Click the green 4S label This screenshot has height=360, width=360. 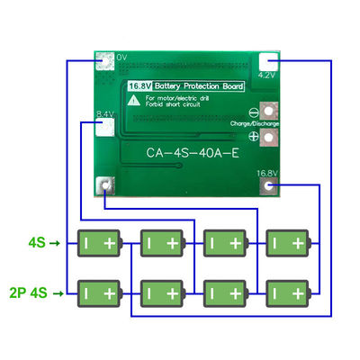(36, 242)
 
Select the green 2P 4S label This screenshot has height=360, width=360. (27, 292)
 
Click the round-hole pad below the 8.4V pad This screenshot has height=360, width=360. (106, 187)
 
